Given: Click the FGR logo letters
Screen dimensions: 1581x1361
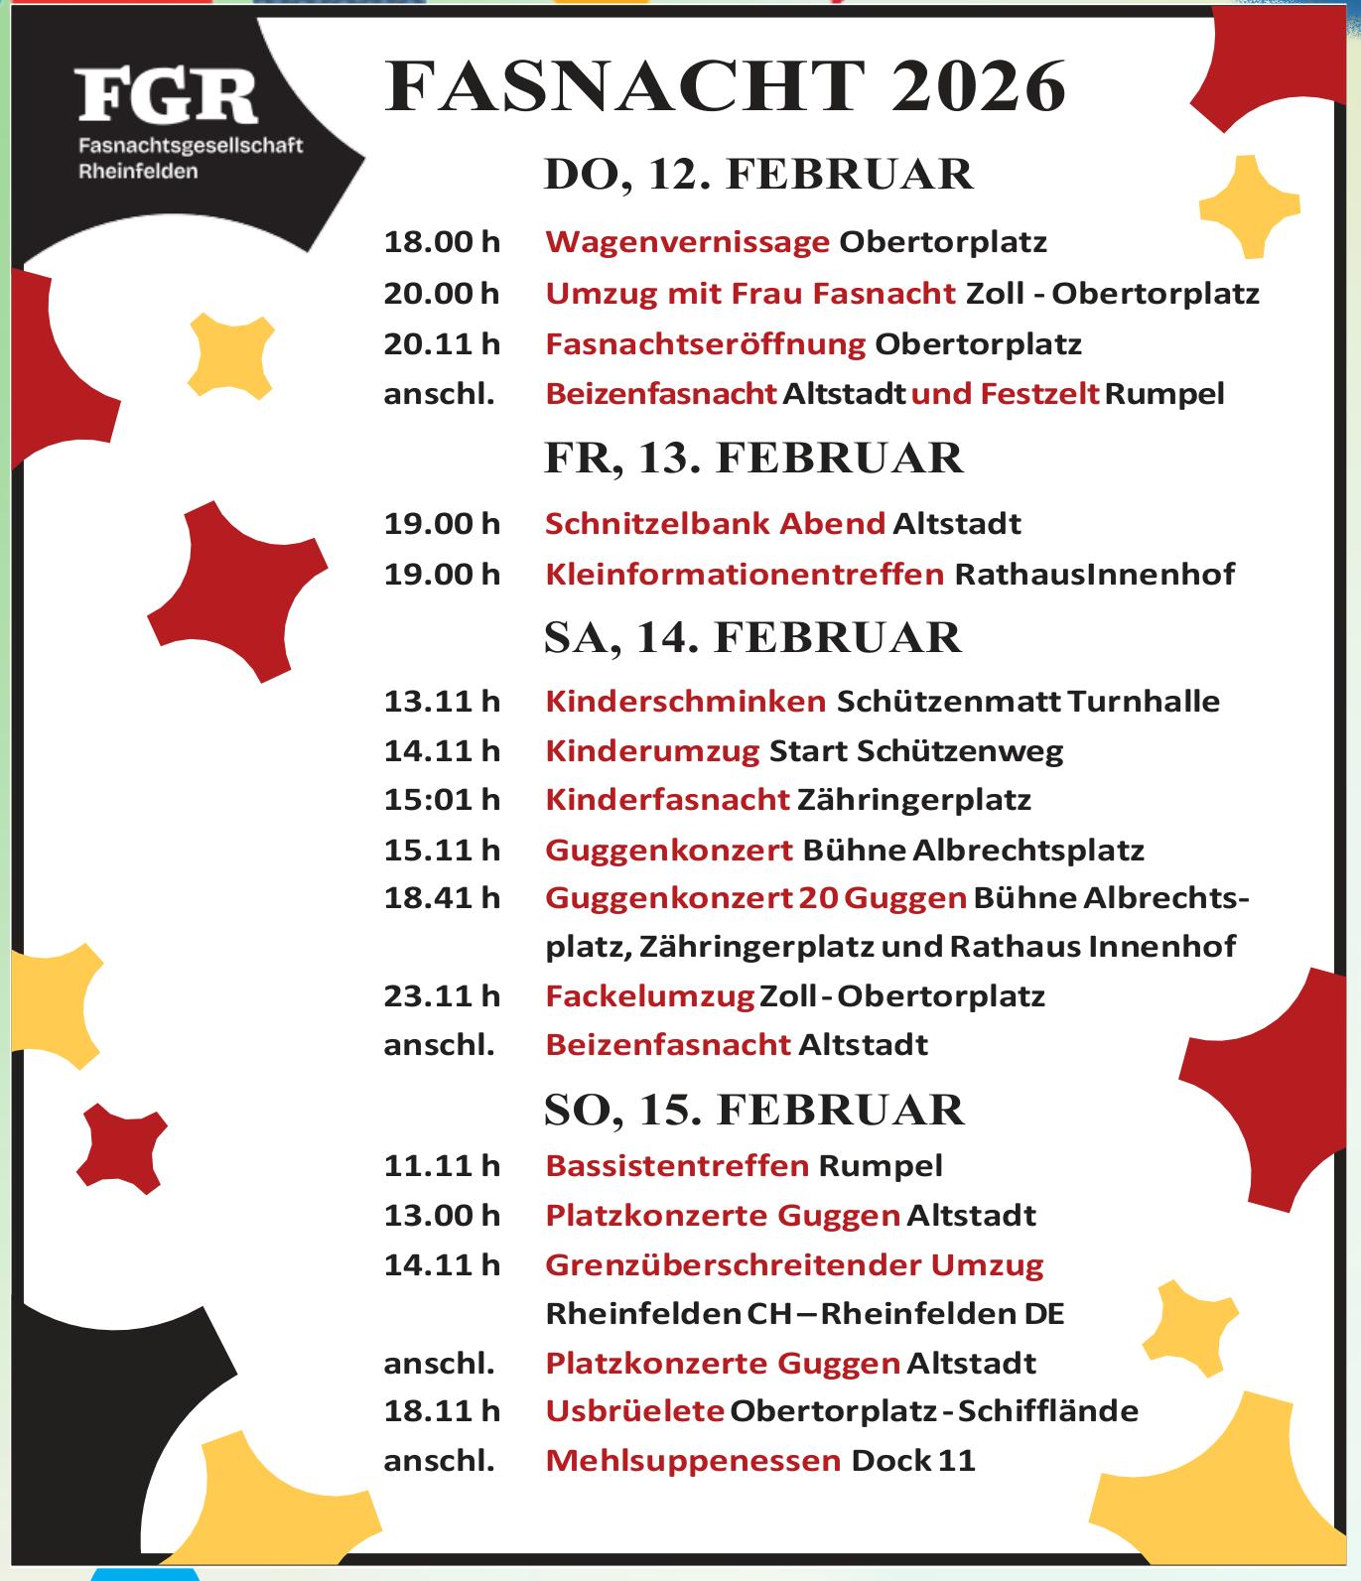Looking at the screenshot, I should point(167,96).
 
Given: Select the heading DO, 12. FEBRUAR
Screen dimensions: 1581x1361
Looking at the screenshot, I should point(759,174).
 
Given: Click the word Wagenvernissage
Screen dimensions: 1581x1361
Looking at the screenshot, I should point(687,242).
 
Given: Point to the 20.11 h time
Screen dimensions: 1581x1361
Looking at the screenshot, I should point(442,344).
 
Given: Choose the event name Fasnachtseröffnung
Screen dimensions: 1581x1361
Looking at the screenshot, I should point(706,344).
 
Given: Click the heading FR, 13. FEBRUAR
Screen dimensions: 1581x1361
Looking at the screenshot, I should point(754,459).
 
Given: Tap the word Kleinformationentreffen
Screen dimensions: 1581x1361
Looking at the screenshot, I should point(745,574).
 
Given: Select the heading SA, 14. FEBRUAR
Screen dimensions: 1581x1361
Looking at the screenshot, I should point(753,637).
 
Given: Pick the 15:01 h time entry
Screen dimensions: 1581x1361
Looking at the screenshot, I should point(442,800).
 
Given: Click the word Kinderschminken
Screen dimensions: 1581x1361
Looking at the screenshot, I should point(686,702).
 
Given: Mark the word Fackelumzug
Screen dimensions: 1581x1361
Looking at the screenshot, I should point(650,995).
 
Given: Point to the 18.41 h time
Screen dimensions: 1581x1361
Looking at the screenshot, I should point(442,898).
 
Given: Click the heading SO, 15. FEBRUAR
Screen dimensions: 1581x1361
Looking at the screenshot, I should point(754,1110).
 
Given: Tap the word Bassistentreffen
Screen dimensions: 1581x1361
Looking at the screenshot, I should point(677,1166).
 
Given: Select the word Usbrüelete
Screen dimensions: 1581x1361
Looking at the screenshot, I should point(634,1411).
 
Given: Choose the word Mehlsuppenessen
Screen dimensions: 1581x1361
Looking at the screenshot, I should point(693,1461).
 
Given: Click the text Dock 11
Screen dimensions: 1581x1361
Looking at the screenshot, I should point(913,1461).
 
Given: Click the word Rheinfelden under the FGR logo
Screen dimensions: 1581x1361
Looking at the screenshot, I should point(138,171).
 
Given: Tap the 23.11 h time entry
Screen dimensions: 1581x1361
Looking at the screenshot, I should point(442,995).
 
